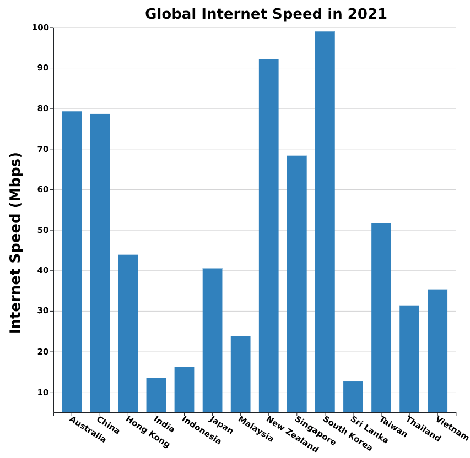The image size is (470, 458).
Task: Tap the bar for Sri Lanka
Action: (353, 397)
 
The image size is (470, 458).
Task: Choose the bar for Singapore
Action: (296, 284)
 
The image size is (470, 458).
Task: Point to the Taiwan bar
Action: (381, 318)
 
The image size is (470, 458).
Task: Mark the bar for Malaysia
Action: (240, 374)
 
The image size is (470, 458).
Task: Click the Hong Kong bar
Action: (128, 334)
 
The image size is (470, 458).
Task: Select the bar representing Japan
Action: (212, 340)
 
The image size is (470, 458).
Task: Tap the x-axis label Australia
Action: (88, 429)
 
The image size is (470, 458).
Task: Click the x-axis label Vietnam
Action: (452, 429)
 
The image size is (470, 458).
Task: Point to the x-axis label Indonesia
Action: (202, 430)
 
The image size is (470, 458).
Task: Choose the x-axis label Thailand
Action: (423, 429)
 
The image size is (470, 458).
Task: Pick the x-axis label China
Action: (108, 425)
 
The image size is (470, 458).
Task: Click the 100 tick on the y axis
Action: (43, 28)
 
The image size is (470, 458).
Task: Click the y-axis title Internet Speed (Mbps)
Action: (15, 242)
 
